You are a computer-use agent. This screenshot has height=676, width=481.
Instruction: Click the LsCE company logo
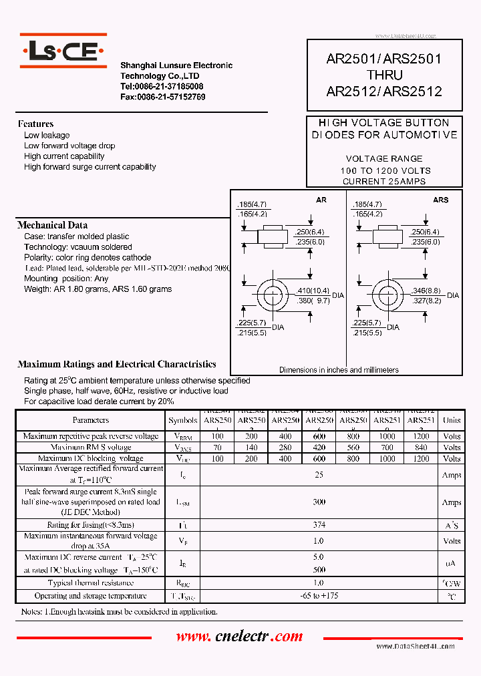63,50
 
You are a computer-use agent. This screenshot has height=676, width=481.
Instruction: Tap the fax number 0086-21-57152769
162,97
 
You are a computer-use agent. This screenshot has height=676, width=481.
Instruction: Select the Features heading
35,124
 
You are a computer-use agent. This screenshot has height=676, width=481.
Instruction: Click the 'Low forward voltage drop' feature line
69,146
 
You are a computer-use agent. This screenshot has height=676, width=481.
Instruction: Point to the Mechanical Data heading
52,225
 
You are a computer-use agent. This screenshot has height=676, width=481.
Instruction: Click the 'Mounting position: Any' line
66,279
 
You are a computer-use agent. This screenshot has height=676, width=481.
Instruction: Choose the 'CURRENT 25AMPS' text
383,181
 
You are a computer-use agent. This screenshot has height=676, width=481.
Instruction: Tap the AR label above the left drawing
321,200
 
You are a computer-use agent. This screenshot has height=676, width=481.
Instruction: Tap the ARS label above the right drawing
440,200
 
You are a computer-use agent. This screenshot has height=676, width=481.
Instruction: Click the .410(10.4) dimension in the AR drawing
311,291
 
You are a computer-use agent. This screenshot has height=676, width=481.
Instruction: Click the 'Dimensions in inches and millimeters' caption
339,369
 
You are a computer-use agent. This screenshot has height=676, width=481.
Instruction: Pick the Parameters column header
91,420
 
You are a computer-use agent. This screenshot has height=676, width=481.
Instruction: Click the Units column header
452,420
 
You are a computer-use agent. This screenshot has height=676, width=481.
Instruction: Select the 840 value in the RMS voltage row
420,448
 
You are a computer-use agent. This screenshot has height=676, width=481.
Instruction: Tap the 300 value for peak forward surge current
319,502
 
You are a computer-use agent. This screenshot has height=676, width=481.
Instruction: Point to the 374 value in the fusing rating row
319,526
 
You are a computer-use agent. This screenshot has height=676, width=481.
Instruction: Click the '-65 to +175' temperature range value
319,596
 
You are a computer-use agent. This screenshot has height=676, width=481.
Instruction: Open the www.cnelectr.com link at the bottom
239,637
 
